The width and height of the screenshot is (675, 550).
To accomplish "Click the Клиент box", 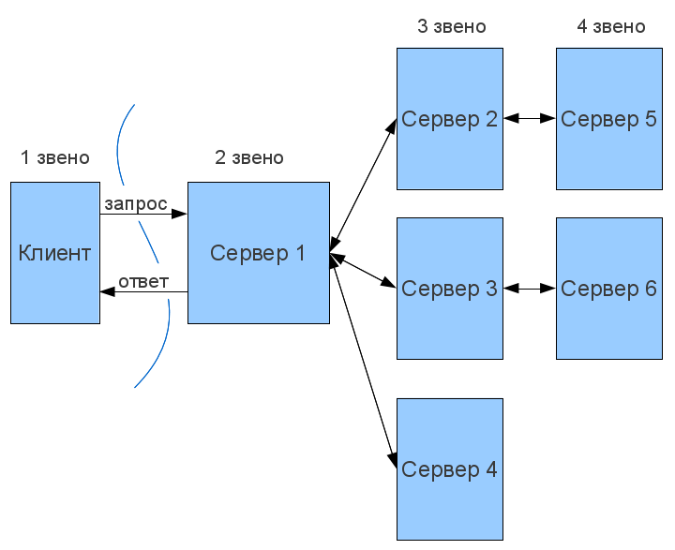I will coord(55,253).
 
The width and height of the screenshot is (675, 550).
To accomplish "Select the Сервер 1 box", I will coord(258,253).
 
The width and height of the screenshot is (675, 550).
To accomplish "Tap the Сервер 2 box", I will coord(449,119).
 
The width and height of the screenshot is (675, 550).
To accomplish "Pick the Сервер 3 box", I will coord(449,289).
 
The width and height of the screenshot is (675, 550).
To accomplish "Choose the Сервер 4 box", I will coord(449,469).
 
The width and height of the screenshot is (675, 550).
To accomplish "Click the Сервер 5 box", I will coord(608,119).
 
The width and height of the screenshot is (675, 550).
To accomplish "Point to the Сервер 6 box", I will coord(608,289).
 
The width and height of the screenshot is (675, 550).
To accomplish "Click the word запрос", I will coord(136,203).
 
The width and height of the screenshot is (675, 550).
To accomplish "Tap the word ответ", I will coord(143,281).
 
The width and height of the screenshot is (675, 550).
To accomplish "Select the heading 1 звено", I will coord(55,157).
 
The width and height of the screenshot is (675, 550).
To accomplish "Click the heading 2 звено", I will coord(249,157).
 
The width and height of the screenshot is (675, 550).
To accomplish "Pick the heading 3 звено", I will coord(452,26).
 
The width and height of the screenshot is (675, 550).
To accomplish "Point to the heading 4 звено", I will coord(611,26).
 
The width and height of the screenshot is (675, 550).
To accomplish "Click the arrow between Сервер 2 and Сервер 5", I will coord(530,119).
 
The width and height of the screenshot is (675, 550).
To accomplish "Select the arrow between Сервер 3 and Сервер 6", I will coord(530,289).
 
